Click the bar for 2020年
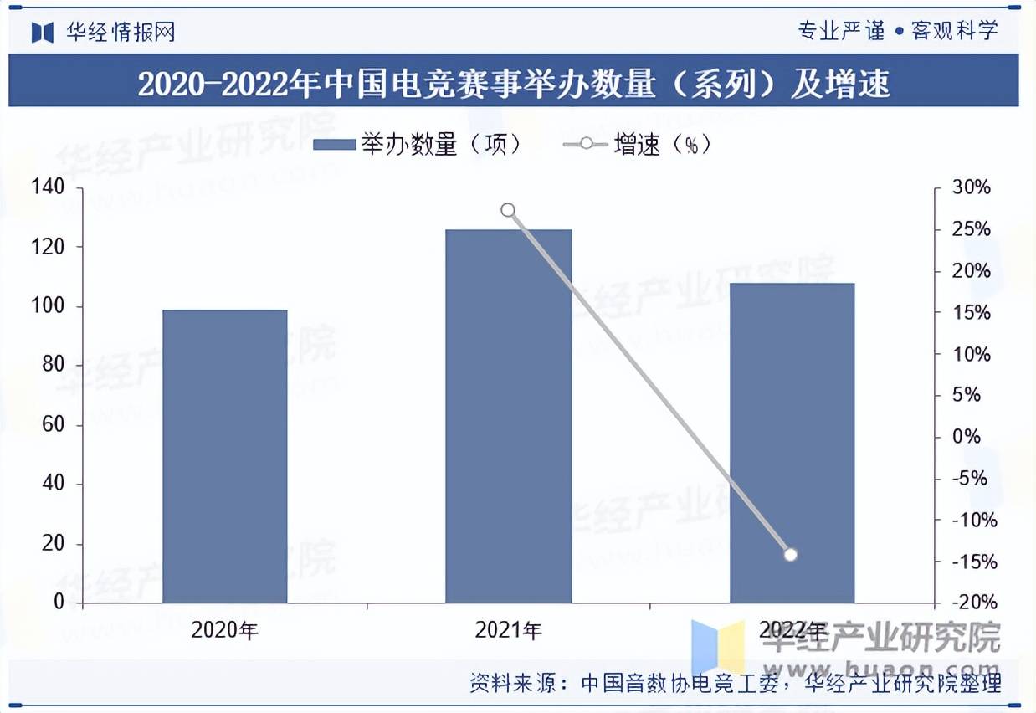224,456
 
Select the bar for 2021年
508,416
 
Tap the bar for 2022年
792,443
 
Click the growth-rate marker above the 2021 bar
508,210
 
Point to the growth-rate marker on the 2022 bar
791,554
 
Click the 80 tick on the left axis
53,365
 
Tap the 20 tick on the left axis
53,543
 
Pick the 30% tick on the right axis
972,187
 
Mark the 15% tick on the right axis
972,312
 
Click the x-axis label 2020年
224,630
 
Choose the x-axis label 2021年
508,630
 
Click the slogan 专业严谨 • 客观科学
897,32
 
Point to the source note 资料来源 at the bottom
735,683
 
